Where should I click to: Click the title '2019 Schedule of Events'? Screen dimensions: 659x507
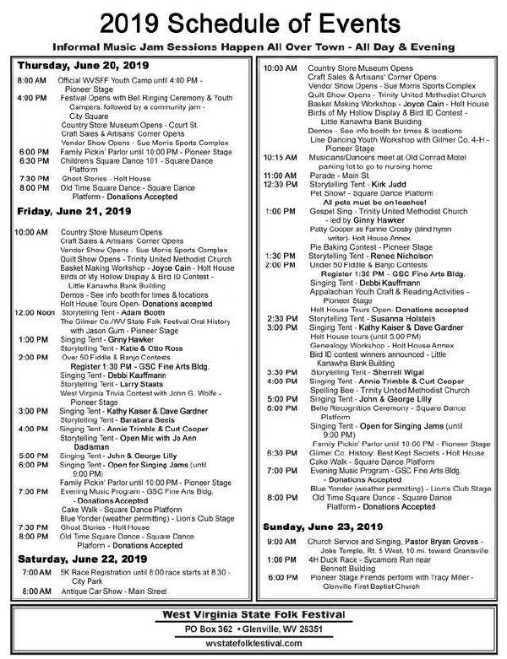tap(253, 21)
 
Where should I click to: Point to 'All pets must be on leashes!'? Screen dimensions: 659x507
tap(373, 203)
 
